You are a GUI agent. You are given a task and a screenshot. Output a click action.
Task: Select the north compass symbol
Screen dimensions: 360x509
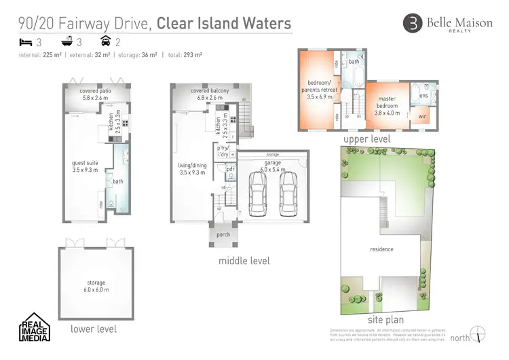point(479,334)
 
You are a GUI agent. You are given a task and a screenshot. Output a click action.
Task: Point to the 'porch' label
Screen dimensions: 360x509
point(223,235)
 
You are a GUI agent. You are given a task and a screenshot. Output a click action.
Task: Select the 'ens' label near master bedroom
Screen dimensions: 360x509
point(423,96)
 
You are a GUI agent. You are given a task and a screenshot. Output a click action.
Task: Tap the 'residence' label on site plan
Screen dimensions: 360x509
point(381,249)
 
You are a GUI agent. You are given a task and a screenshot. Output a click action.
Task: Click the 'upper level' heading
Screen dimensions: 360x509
point(366,139)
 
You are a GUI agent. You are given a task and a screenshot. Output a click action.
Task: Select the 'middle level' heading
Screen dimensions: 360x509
point(244,261)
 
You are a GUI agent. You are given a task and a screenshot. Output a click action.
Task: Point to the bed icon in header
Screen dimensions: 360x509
point(25,42)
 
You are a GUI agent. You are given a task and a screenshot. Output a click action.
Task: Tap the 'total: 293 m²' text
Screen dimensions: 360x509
point(183,54)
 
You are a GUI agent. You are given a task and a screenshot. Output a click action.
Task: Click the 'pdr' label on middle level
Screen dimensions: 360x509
point(230,169)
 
